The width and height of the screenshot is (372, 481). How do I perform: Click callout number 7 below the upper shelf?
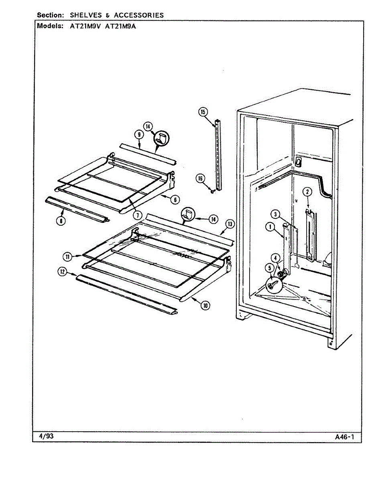138,215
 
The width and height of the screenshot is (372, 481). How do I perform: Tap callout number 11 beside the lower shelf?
68,257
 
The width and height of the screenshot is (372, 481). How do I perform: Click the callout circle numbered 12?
62,272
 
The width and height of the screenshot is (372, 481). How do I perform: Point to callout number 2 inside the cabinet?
307,192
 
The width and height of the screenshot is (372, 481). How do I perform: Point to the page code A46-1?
345,437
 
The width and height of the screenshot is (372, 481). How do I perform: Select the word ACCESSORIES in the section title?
139,15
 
